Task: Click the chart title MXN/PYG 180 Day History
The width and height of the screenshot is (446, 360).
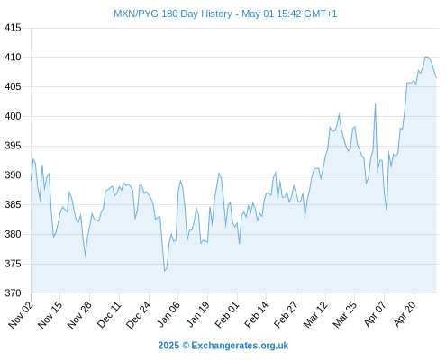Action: [173, 13]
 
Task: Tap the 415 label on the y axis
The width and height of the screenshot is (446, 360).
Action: [13, 28]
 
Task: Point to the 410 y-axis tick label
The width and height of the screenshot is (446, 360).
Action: [13, 57]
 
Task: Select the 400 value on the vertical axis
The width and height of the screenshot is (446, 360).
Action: [13, 116]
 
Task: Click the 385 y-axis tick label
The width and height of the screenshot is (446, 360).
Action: [13, 205]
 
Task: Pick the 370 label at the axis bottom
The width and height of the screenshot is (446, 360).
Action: [13, 293]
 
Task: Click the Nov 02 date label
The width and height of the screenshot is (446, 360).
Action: [21, 315]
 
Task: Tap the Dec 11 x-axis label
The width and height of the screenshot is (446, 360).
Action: [109, 315]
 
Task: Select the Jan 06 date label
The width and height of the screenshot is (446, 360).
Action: [168, 315]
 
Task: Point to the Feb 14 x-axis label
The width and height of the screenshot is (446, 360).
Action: [256, 315]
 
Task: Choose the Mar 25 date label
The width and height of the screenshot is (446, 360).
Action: [345, 315]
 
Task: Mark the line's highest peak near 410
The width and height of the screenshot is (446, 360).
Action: [426, 57]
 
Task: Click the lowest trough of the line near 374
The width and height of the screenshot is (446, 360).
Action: [165, 271]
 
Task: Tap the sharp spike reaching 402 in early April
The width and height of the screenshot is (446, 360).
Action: [375, 104]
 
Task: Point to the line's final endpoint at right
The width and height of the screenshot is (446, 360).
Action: [436, 78]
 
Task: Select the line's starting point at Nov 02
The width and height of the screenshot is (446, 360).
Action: [31, 181]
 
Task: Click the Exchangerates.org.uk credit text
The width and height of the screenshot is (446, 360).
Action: [240, 346]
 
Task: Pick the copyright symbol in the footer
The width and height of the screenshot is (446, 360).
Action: [186, 346]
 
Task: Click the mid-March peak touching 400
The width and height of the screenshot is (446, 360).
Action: [339, 113]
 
